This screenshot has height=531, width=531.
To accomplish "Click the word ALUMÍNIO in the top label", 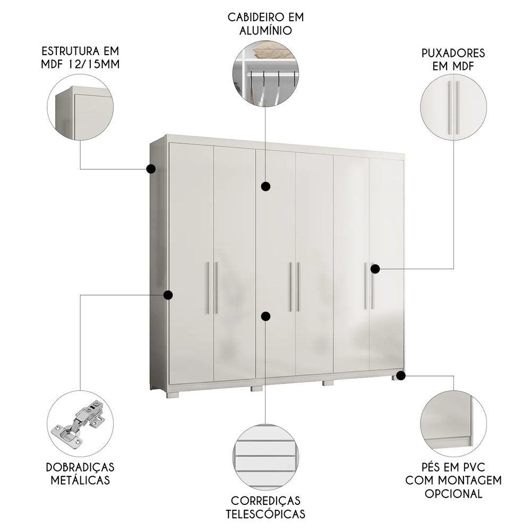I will click(265, 30).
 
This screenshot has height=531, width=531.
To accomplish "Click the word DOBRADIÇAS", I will click(80, 467).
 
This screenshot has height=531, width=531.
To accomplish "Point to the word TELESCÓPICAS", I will click(265, 513).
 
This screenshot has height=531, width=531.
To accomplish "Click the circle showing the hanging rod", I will click(265, 75).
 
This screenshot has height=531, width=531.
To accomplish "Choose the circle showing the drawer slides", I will click(265, 456).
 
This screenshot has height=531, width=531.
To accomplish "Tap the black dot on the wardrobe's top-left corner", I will click(150, 169).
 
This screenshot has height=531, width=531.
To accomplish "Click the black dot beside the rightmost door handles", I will click(375, 269).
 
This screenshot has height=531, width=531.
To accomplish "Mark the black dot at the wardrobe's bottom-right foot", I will click(401, 376).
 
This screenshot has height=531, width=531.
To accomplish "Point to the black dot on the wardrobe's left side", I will click(168, 295).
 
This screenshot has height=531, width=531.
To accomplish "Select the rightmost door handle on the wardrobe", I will click(372, 285).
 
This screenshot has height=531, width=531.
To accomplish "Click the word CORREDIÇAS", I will click(265, 500).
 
